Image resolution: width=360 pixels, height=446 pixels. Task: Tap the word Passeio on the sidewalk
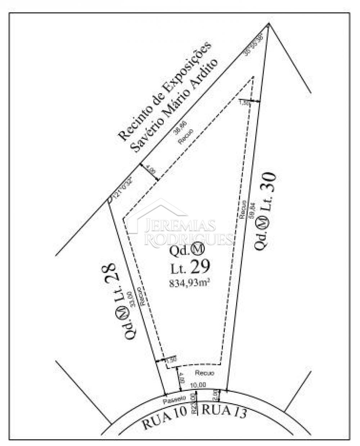(174, 399)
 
